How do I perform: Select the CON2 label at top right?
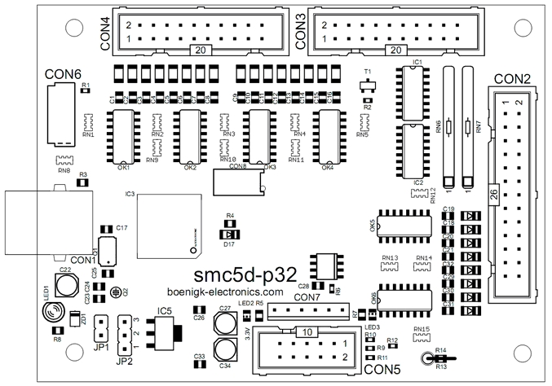(x=513, y=80)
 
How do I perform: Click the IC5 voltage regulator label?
(x=166, y=311)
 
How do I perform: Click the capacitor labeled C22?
(x=64, y=282)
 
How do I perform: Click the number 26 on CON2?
(x=492, y=194)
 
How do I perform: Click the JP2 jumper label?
(x=125, y=361)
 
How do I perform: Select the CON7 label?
(x=307, y=297)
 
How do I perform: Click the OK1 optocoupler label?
(x=125, y=168)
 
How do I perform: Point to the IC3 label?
(x=130, y=195)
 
